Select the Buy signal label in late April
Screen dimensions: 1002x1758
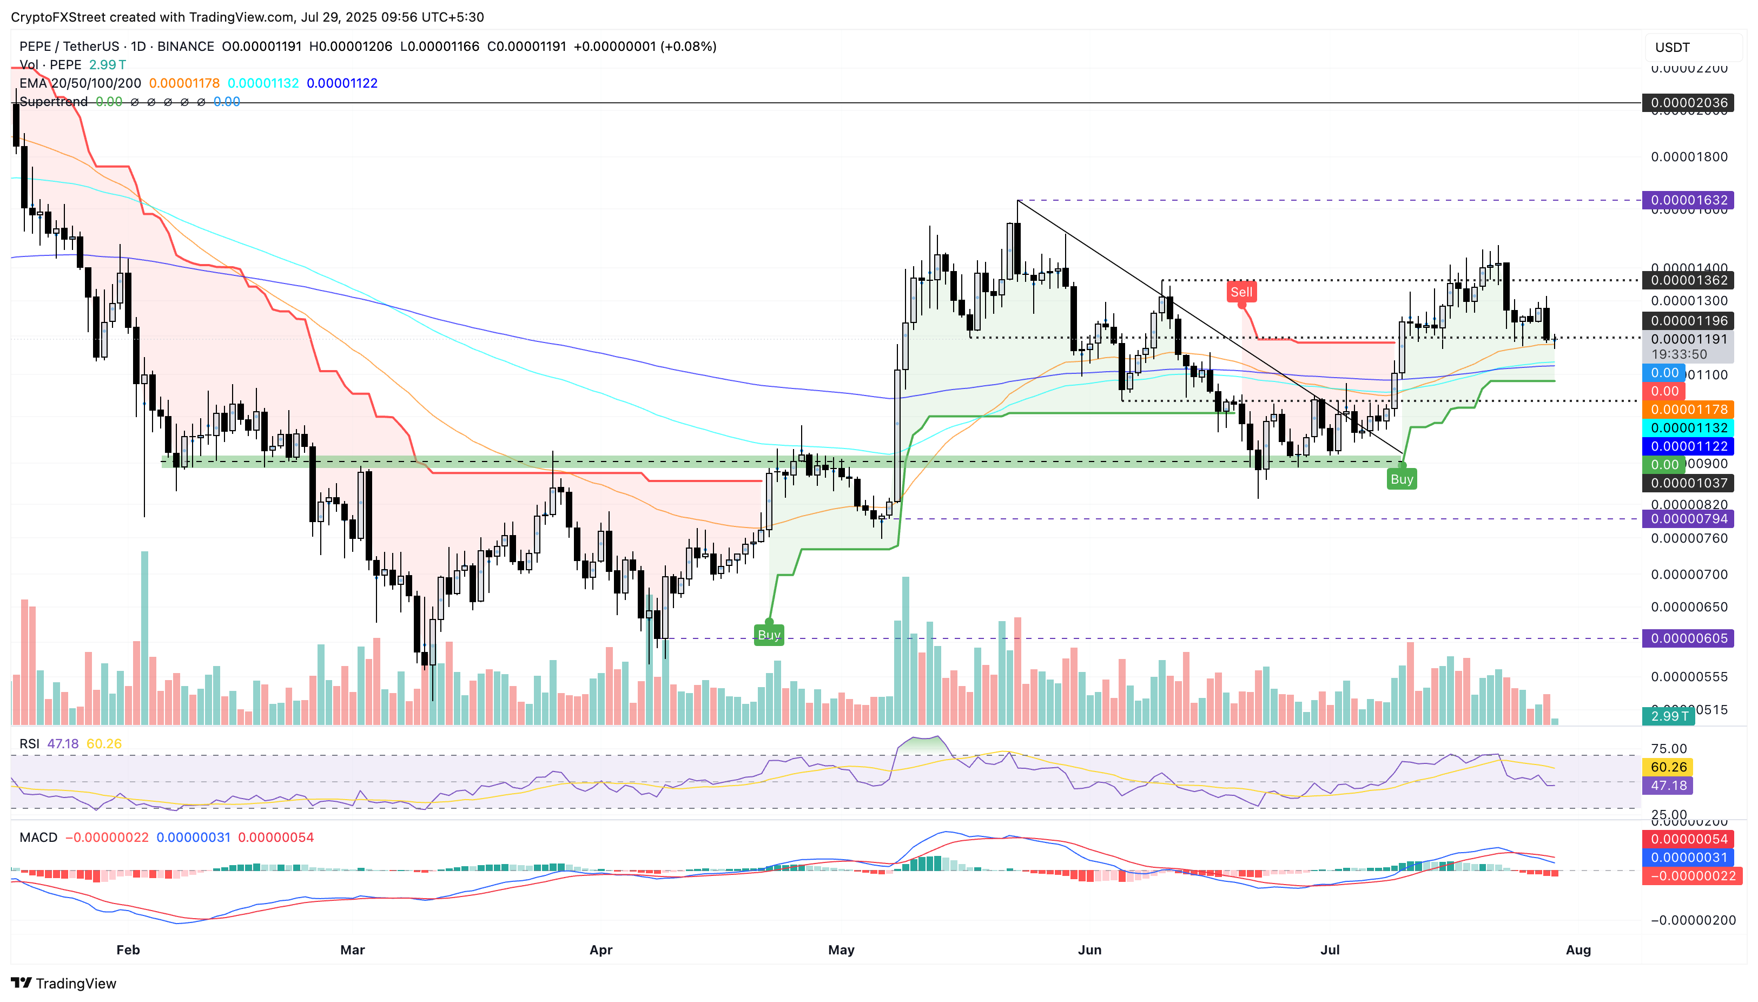tap(769, 635)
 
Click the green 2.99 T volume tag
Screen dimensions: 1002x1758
tap(1669, 716)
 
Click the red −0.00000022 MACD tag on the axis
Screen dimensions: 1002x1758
tap(1691, 876)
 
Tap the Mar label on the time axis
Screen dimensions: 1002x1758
tap(352, 950)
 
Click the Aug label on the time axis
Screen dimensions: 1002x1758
tap(1578, 950)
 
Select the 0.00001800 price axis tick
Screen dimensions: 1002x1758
tap(1689, 157)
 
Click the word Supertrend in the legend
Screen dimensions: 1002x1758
tap(54, 102)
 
